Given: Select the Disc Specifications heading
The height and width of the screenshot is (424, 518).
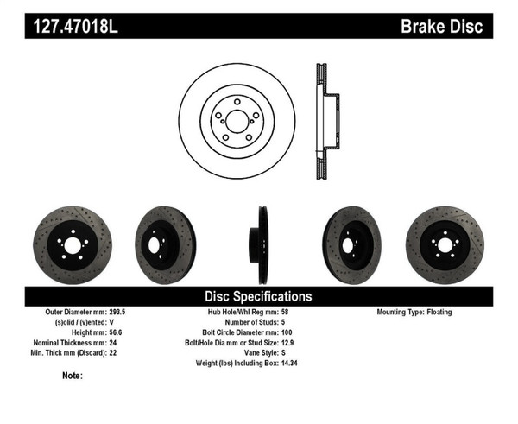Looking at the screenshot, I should click(x=258, y=296).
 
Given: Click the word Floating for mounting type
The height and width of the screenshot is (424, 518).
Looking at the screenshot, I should click(x=437, y=313).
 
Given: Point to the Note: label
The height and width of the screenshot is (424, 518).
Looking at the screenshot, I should click(x=73, y=376).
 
